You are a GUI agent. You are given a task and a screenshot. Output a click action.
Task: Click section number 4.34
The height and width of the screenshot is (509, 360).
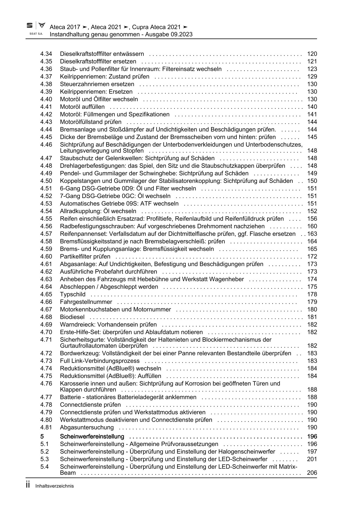coord(46,54)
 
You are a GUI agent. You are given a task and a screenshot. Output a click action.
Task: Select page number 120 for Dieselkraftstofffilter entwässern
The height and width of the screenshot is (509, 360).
coord(312,54)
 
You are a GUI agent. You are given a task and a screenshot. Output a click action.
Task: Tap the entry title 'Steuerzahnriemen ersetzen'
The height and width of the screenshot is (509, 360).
coord(97,84)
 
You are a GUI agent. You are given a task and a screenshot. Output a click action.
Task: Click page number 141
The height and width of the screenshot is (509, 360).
coord(312,114)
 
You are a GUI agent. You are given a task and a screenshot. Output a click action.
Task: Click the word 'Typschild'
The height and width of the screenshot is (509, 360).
coord(73,294)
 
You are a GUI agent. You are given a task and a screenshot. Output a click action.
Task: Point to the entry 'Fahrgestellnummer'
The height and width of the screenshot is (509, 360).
coord(86,302)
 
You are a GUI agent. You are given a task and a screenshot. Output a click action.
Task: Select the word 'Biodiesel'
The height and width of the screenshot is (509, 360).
coord(72,317)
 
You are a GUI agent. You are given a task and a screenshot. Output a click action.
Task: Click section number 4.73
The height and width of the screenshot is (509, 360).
coord(46,361)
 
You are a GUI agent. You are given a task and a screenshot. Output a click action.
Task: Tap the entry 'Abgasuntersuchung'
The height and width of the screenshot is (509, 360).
coord(87,427)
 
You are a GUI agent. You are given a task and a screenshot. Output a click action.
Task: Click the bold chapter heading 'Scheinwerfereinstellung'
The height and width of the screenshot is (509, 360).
coord(92,437)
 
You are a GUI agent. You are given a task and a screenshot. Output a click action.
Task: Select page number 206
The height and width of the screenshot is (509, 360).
coord(312,473)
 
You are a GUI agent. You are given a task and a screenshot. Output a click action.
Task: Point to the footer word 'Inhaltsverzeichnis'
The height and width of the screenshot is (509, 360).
coord(55,486)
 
